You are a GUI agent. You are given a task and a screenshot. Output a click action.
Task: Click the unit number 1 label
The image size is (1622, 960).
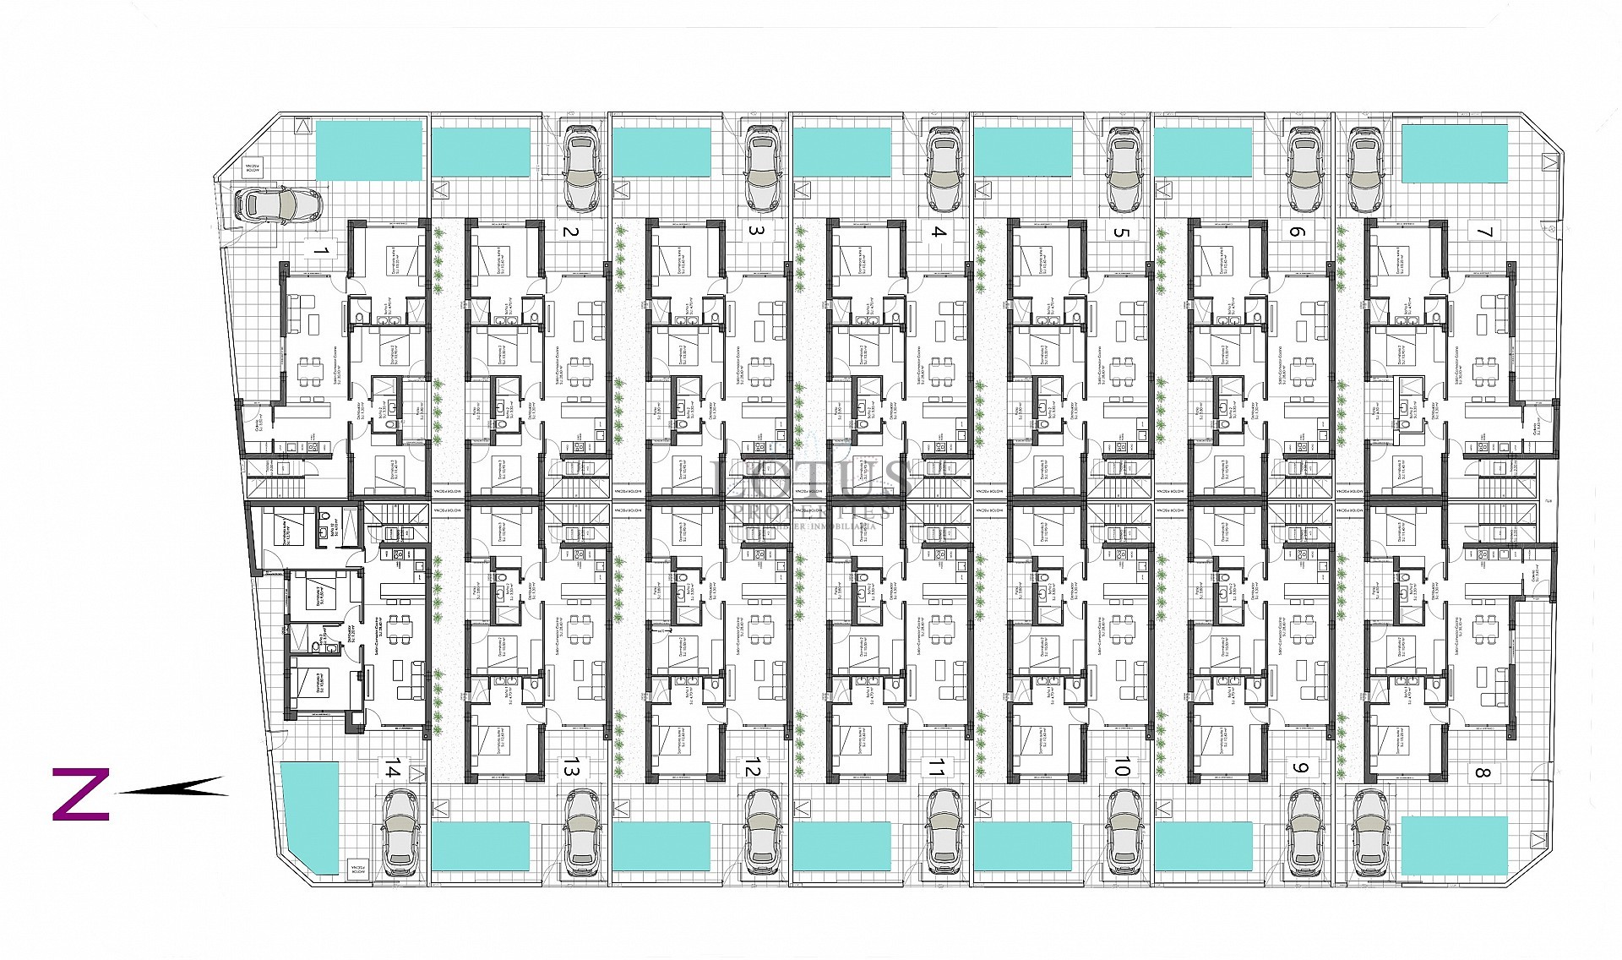pos(320,250)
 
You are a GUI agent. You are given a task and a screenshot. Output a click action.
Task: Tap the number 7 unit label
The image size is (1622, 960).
pos(1484,232)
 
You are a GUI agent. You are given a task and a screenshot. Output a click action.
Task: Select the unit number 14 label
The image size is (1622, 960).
pos(391,768)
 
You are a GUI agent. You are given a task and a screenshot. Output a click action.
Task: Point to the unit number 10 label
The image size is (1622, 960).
pos(1121,767)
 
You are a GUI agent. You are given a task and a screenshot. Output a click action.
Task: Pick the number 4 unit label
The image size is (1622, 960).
pos(939,232)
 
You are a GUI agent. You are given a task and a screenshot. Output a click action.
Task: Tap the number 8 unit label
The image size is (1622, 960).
pos(1482,772)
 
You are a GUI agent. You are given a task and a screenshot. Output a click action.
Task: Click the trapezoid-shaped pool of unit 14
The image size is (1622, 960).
pos(310,817)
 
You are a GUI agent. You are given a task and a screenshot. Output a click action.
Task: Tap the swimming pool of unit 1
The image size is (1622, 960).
pos(368,150)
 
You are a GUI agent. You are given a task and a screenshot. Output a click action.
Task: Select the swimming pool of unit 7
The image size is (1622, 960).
pos(1454,153)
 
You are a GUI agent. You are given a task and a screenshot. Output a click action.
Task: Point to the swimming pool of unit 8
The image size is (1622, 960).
pos(1454,845)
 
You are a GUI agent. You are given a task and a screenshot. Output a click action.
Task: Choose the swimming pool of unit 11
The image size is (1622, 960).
pos(841,846)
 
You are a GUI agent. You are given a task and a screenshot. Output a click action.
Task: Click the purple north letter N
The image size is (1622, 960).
pos(81,794)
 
